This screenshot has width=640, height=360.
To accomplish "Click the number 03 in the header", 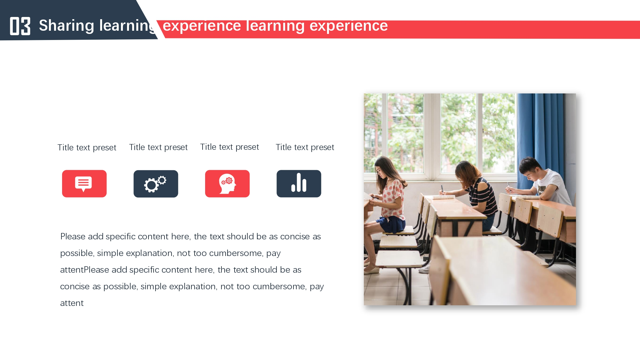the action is (20, 26).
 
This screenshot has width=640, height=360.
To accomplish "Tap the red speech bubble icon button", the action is (84, 184).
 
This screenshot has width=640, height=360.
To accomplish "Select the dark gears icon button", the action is (156, 184).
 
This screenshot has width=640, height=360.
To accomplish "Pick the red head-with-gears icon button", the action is (227, 184).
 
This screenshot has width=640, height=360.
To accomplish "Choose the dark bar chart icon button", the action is (299, 184).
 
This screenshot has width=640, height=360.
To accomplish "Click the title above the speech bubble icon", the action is (87, 148).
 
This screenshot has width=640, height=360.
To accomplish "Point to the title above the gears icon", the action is (158, 147).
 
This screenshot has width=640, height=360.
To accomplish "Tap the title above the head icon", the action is (229, 147).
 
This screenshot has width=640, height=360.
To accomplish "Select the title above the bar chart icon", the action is (305, 147).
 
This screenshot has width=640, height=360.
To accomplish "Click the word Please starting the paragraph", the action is (73, 236).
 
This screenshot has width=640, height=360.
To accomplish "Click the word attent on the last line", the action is (72, 303).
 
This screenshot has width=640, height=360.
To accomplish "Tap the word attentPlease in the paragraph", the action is (84, 270).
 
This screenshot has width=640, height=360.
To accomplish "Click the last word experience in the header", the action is (349, 26).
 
